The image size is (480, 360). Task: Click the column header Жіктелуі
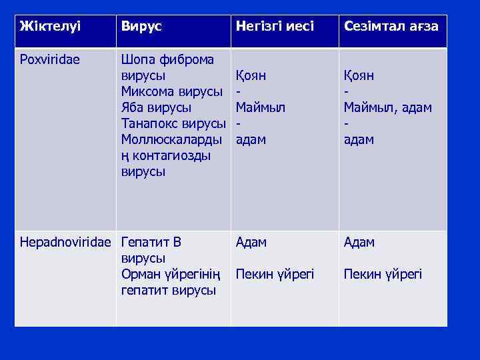tap(50, 27)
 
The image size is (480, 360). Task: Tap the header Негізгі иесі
tap(275, 27)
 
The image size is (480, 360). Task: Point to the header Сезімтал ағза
tap(391, 27)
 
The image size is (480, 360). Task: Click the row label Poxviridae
tap(50, 59)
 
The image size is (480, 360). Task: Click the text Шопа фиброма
tap(167, 59)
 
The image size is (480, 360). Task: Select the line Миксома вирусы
tap(172, 91)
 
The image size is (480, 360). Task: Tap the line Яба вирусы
tap(156, 107)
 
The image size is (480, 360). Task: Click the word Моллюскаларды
tap(173, 139)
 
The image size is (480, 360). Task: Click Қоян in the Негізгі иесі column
tap(251, 75)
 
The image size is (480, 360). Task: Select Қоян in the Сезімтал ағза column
tap(359, 75)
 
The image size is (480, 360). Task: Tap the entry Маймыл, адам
tap(387, 107)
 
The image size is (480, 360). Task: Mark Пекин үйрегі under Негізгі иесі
tap(275, 274)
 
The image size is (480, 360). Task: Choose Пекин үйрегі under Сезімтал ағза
tap(383, 274)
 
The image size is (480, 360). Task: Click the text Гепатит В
tap(151, 242)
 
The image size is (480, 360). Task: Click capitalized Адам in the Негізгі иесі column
tap(251, 242)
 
